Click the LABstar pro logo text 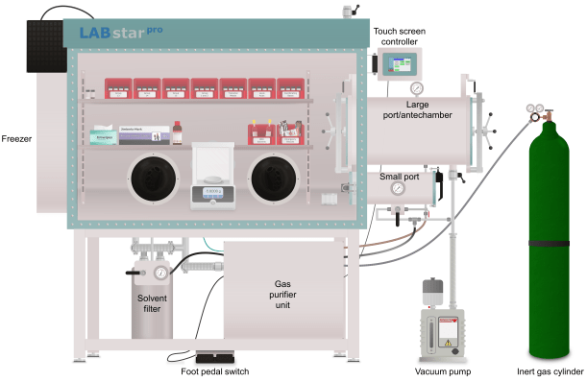pyautogui.click(x=121, y=35)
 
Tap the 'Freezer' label pyautogui.click(x=17, y=139)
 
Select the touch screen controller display pyautogui.click(x=397, y=64)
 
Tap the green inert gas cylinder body pyautogui.click(x=552, y=240)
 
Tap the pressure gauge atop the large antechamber pyautogui.click(x=416, y=89)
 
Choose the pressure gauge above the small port pyautogui.click(x=396, y=189)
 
